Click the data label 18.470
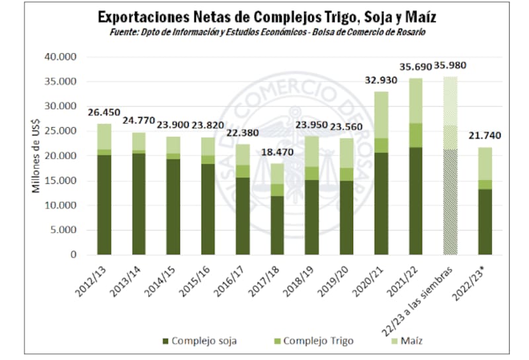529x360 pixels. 277,153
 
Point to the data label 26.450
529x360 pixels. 104,112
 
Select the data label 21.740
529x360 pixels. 485,136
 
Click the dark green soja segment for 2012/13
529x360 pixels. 104,204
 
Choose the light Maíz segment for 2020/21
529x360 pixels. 381,114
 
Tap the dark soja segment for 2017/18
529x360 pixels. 277,225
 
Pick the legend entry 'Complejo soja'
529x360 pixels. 198,341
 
